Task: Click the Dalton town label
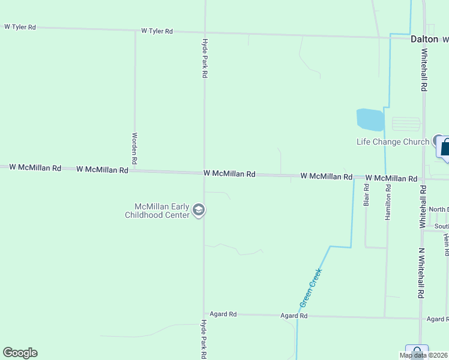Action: [x=424, y=39]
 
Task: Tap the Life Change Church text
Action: [x=393, y=142]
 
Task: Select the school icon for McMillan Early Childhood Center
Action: [x=199, y=210]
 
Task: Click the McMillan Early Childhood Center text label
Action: [x=158, y=210]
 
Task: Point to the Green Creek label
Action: [x=311, y=287]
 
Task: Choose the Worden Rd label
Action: [x=135, y=149]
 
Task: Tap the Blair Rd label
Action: [x=366, y=194]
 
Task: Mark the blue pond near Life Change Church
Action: [x=370, y=119]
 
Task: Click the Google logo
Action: [x=20, y=353]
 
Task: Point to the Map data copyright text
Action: [x=424, y=355]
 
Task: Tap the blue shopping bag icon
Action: [x=445, y=147]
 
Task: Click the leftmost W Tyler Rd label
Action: [x=20, y=27]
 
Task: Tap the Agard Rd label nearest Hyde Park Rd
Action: [x=223, y=314]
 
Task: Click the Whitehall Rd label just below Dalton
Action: [x=424, y=70]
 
